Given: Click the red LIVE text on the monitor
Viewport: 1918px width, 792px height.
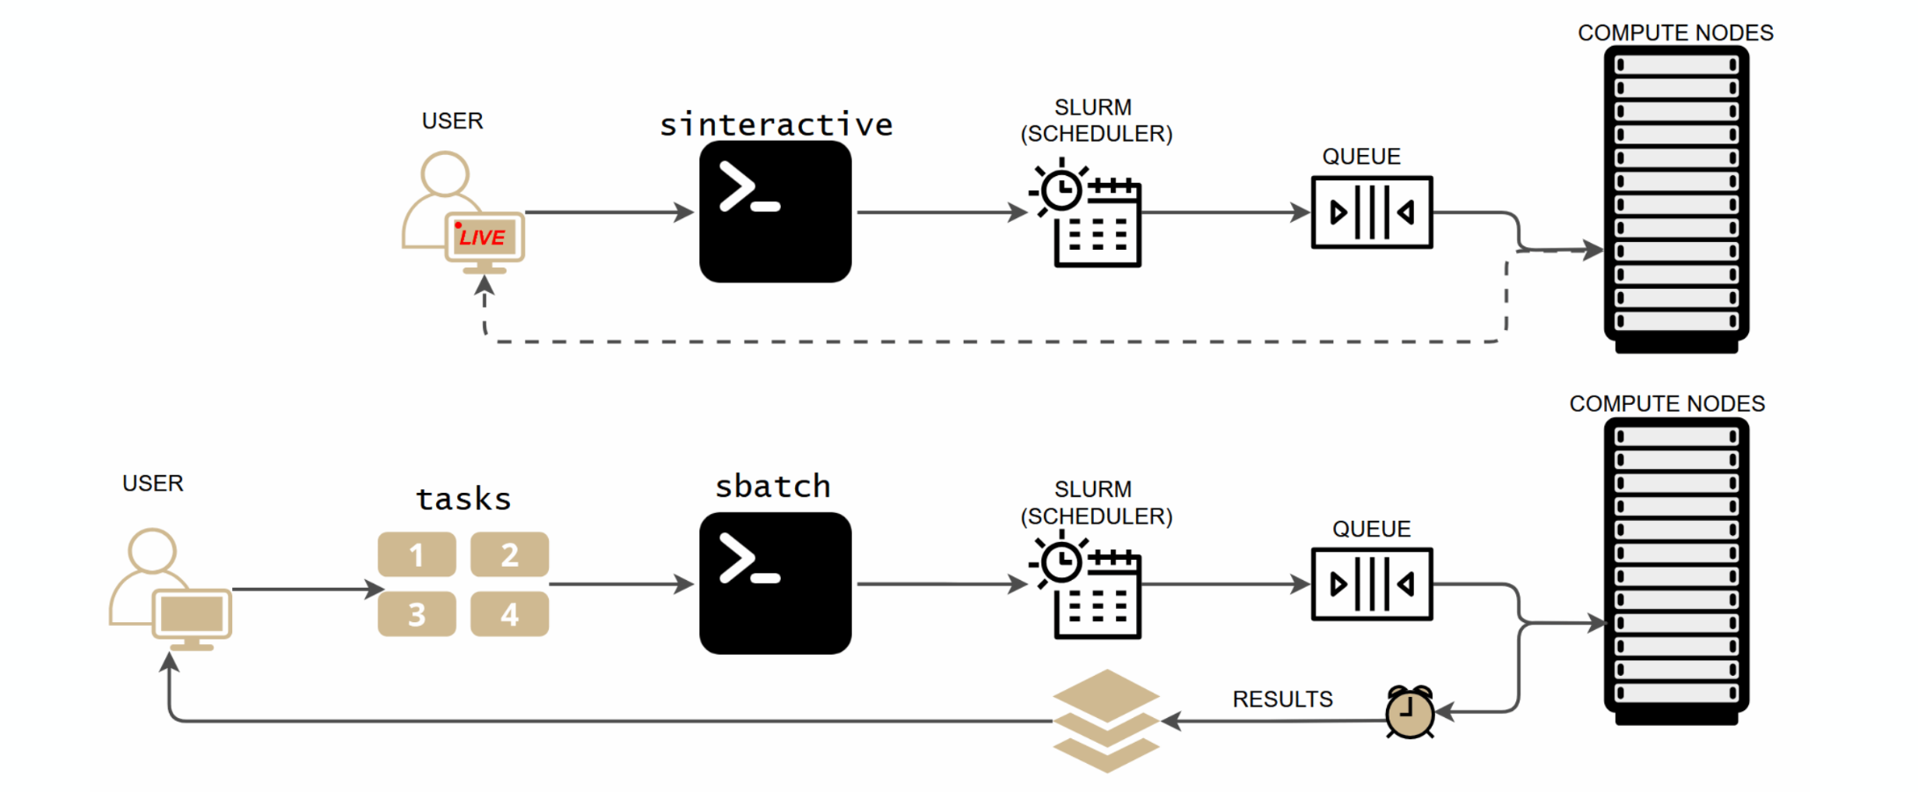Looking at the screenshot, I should (x=482, y=237).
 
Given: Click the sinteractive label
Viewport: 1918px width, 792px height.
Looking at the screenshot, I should (x=776, y=124).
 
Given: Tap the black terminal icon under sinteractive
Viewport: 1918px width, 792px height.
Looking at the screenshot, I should (x=775, y=211).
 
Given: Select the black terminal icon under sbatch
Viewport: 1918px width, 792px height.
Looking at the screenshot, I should (x=775, y=583).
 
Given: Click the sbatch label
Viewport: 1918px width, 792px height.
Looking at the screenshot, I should (x=772, y=486).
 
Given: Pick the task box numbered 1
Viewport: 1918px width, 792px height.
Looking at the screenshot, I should (x=417, y=554).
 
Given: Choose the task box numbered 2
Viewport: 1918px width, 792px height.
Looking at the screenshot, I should (x=509, y=554).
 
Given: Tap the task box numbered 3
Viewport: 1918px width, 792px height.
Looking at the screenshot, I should (x=417, y=613).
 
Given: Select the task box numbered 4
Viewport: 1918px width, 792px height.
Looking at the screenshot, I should (x=509, y=613).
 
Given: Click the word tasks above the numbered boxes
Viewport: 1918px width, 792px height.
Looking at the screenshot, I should (x=463, y=499).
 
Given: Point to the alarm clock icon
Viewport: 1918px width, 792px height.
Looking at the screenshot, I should (x=1410, y=712).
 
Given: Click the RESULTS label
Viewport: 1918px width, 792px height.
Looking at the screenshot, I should (x=1282, y=699).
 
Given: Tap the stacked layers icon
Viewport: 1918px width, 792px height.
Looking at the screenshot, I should (x=1106, y=721).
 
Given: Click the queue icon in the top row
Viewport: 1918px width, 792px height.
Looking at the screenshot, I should (x=1371, y=212).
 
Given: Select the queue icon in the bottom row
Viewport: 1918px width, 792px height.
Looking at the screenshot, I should (x=1371, y=584).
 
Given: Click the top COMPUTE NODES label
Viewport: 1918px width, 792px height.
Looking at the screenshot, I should (x=1674, y=33).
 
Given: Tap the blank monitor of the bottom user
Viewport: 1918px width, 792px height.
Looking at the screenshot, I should (x=192, y=613).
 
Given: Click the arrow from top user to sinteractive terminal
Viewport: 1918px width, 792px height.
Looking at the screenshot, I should (x=607, y=212).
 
